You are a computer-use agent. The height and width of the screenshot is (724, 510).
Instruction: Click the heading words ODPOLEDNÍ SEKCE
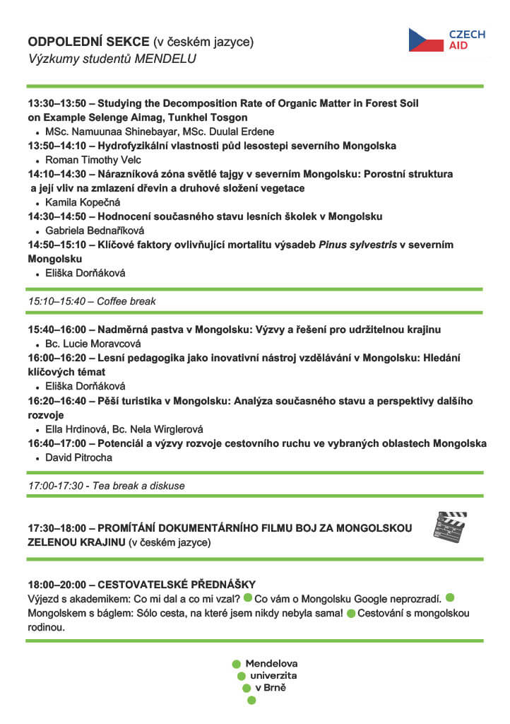(88, 42)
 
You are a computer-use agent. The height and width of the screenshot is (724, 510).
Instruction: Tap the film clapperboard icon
(449, 527)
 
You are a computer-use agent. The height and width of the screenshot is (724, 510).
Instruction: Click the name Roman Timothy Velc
(93, 160)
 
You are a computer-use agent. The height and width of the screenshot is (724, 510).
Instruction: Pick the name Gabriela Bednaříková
(95, 230)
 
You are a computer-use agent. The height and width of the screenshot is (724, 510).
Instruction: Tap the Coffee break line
(92, 301)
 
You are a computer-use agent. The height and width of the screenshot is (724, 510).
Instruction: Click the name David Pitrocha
(78, 457)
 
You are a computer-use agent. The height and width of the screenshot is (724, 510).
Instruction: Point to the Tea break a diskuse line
(106, 486)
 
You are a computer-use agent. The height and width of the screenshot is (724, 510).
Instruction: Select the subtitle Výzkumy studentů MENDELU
(112, 59)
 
